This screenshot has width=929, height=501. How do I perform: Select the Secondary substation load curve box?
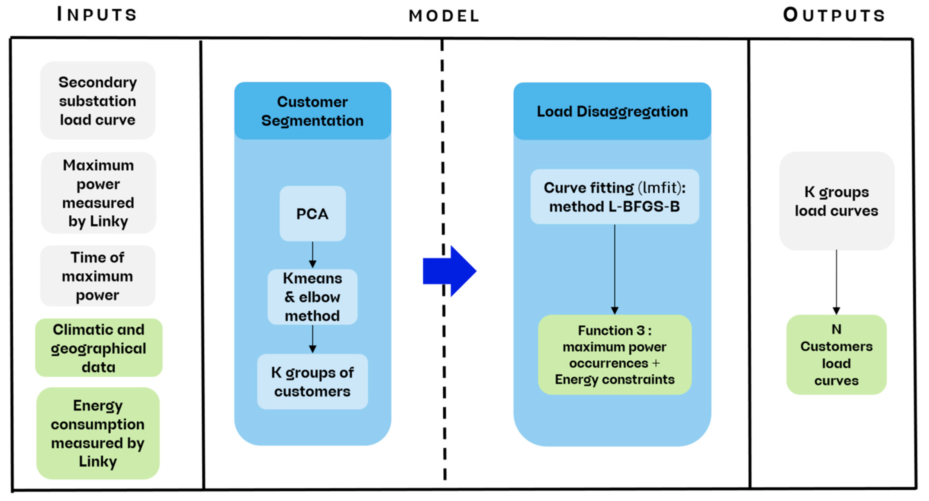(98, 101)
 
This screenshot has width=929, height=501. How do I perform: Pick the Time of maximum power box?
(98, 276)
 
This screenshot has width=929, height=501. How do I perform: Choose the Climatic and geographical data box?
(99, 348)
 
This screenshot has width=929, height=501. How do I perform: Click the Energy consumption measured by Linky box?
(98, 433)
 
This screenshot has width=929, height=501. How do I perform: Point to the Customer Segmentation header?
(312, 111)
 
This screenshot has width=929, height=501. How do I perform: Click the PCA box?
(312, 214)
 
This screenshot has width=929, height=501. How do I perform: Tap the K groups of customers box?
(312, 382)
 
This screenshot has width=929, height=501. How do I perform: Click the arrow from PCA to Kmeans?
(313, 255)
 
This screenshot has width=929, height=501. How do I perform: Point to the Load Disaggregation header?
(612, 111)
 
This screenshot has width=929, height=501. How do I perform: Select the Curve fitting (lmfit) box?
(614, 197)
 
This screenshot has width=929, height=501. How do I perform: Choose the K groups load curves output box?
(836, 201)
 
